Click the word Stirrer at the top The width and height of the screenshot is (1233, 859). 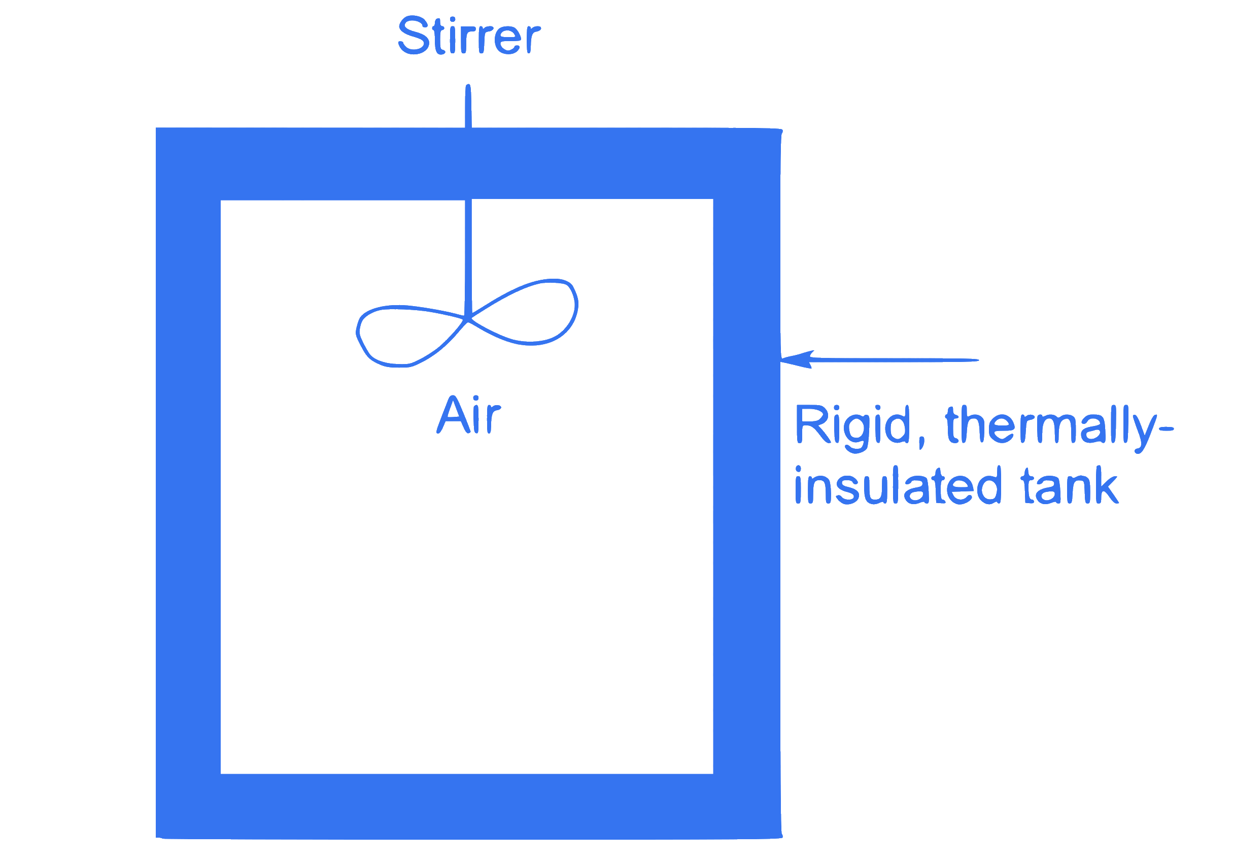469,36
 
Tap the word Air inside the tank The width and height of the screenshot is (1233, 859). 469,414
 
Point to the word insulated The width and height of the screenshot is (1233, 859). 898,485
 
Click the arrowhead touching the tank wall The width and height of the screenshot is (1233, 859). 797,359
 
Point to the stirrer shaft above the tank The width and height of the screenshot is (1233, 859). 468,106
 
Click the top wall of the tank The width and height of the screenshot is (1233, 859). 468,163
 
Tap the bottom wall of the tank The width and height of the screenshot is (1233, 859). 468,806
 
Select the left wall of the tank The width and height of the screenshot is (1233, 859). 188,483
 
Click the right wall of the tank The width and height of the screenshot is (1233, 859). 746,483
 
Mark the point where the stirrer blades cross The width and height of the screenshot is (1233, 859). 467,320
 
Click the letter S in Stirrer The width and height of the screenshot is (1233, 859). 414,36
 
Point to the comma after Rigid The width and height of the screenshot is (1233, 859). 921,443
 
